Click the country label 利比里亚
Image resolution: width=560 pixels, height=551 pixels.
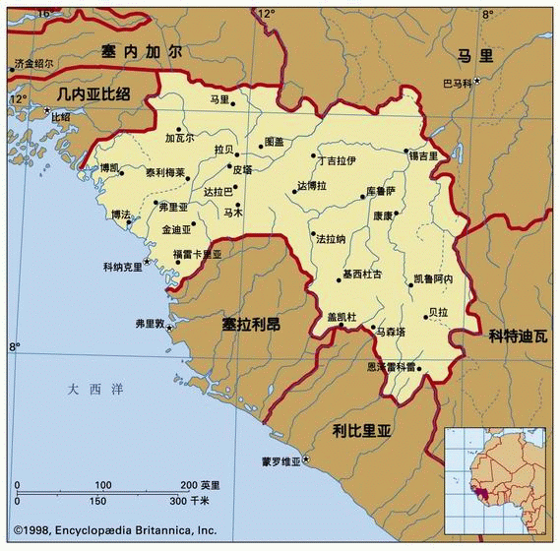point(362,430)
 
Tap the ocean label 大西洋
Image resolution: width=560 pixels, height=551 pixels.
point(96,390)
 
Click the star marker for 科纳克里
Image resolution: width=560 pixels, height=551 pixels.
point(148,262)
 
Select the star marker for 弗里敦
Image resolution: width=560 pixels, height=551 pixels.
point(169,327)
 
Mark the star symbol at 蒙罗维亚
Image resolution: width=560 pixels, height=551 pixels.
point(306,459)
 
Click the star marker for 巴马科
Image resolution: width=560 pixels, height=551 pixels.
point(477,81)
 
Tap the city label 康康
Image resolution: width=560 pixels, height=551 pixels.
point(382,214)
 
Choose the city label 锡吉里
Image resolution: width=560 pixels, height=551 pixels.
point(423,155)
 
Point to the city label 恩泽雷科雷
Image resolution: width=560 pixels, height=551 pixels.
point(391,366)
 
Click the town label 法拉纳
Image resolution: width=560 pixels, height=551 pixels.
point(330,238)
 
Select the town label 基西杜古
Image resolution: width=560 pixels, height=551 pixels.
point(362,274)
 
